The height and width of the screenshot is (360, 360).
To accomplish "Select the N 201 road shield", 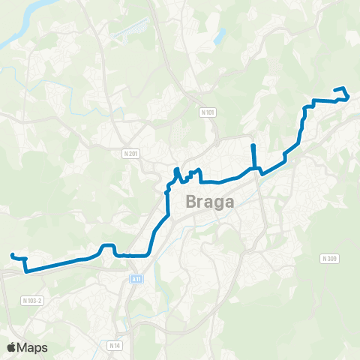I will point(130,153).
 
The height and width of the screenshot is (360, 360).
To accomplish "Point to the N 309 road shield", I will point(329,259).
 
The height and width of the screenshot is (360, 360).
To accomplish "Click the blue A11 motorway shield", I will point(135,279).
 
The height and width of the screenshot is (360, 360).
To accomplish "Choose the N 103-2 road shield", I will point(32,300).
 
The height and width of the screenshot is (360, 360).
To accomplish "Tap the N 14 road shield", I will point(114,345).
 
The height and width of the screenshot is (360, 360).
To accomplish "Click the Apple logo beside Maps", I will point(12,347).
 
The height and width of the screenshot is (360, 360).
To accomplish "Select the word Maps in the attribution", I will point(33,347).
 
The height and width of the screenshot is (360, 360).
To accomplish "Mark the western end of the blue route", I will point(11,256).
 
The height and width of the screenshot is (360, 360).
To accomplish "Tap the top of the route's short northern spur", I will point(253,145).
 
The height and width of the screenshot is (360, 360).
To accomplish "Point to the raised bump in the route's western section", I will point(107,246).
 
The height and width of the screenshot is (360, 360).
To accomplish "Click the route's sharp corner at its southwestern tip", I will point(26,271).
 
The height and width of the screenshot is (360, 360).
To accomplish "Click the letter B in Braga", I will point(190,202).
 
